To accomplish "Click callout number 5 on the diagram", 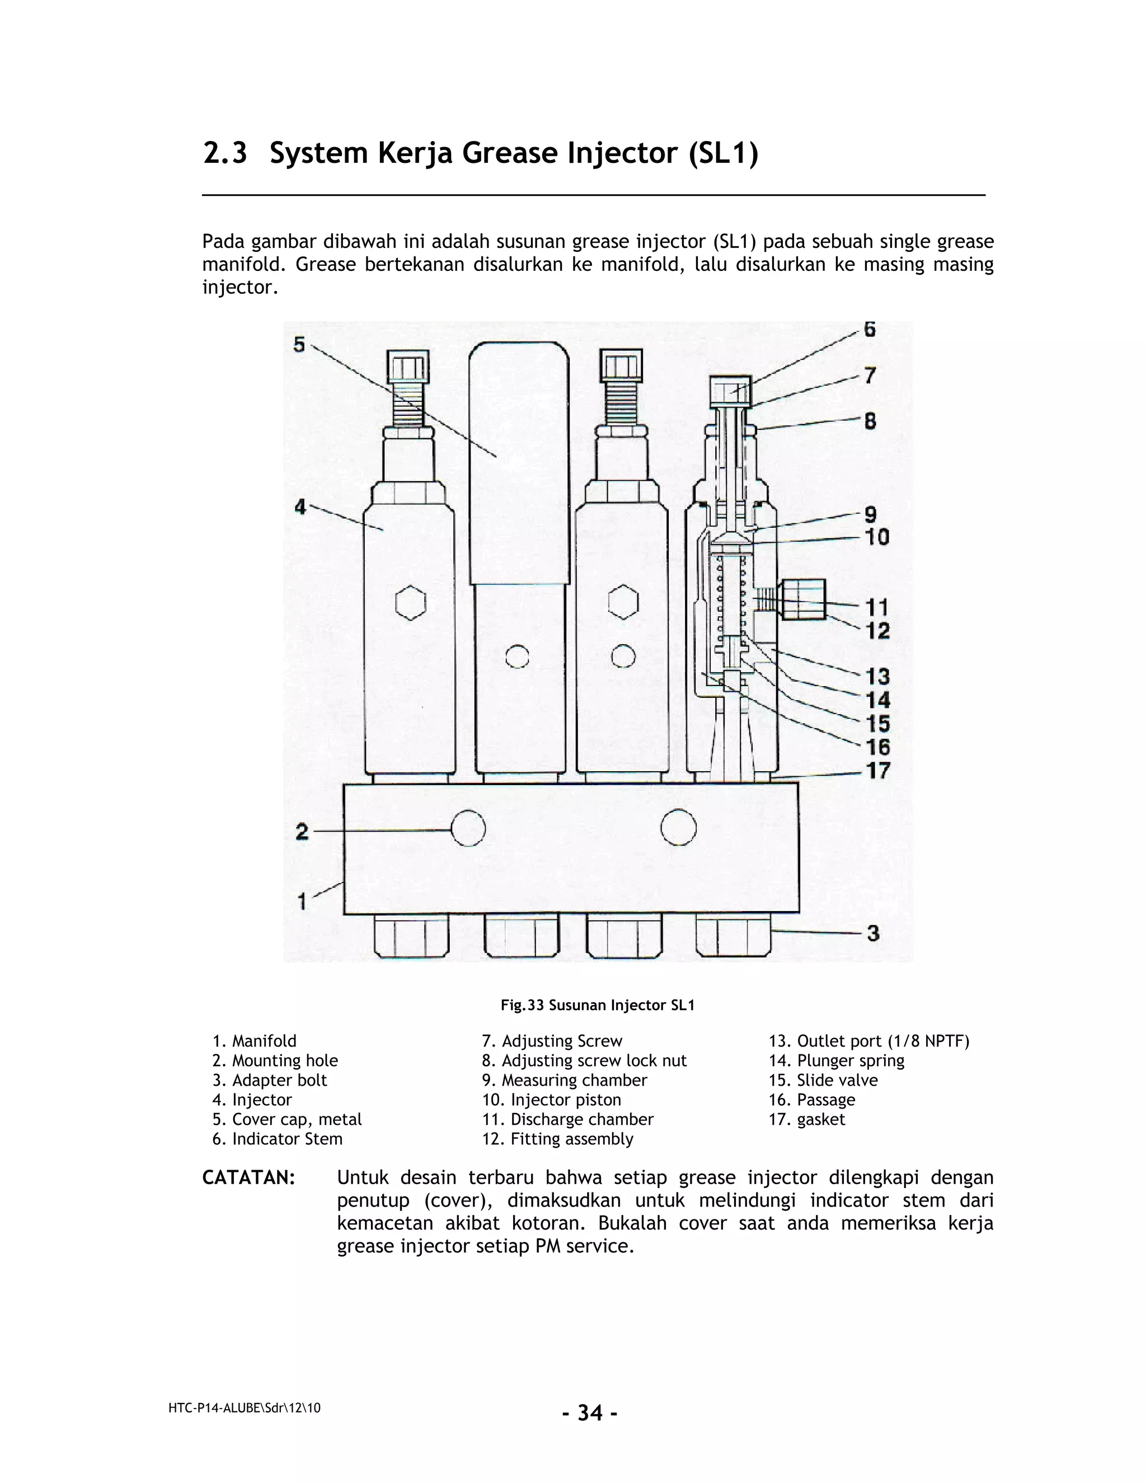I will pyautogui.click(x=299, y=345).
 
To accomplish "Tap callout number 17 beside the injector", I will pyautogui.click(x=878, y=771).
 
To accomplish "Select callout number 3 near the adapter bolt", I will pyautogui.click(x=873, y=933).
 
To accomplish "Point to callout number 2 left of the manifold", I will pyautogui.click(x=302, y=832).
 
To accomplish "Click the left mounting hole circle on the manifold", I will pyautogui.click(x=468, y=829).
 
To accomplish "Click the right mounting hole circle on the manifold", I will pyautogui.click(x=678, y=828).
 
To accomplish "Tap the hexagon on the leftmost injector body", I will pyautogui.click(x=411, y=602).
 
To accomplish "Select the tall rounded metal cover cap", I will pyautogui.click(x=519, y=462).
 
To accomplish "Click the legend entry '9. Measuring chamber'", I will pyautogui.click(x=564, y=1080).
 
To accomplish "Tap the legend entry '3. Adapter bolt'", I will pyautogui.click(x=270, y=1080).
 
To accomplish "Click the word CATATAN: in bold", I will pyautogui.click(x=248, y=1178).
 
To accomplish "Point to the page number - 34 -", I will pyautogui.click(x=589, y=1413).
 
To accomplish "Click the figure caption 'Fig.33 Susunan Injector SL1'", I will pyautogui.click(x=598, y=1006).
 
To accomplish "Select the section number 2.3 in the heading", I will pyautogui.click(x=225, y=153).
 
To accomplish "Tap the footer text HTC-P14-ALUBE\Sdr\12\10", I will pyautogui.click(x=245, y=1409).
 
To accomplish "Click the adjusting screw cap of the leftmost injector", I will pyautogui.click(x=408, y=367).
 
